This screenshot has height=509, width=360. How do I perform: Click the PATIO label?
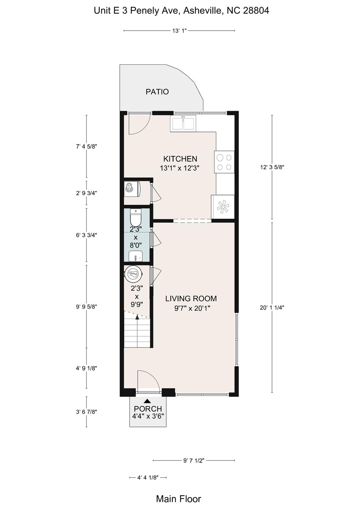pos(157,92)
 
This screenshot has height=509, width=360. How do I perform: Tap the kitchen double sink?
pos(183,123)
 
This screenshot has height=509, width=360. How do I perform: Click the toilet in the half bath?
pos(136,217)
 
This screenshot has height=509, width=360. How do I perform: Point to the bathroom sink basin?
pos(136,256)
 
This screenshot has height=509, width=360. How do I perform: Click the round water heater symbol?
pos(134,274)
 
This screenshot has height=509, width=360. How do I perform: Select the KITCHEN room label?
pos(180,158)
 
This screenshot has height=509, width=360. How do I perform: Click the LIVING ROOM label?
pos(191,298)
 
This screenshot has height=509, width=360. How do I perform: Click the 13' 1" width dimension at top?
pos(179,31)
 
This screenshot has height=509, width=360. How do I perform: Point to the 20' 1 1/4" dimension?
pos(272,308)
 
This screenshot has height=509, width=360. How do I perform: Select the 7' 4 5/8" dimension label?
pos(87,146)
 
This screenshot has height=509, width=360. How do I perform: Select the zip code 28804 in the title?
pos(256,11)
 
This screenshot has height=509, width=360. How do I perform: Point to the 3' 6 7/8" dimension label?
pos(87,412)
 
